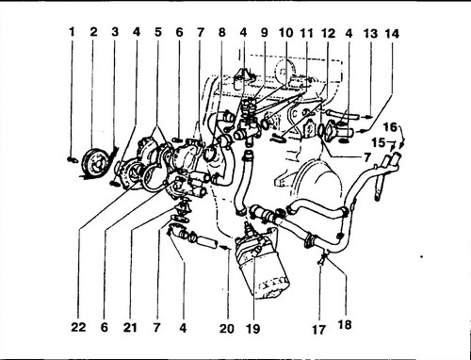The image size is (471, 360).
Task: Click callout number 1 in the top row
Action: [x=73, y=32]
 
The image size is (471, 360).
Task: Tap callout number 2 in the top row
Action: [x=93, y=32]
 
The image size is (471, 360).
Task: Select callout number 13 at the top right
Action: [x=370, y=34]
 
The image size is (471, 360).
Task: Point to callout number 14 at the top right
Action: [x=392, y=34]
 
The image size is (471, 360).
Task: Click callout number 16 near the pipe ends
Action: [x=390, y=127]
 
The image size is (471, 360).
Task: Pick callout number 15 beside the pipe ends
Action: [x=379, y=142]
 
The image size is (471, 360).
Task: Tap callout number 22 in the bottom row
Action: [x=78, y=327]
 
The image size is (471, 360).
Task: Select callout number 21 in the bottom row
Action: [x=130, y=328]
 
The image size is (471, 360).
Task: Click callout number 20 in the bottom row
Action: [x=227, y=329]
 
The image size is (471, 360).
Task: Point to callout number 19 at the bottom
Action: [x=253, y=329]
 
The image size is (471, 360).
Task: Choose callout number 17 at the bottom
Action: [x=319, y=330]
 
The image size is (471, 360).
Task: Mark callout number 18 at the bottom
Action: [x=345, y=324]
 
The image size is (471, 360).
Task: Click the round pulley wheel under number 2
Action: [x=95, y=163]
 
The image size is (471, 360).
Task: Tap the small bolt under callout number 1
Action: [x=73, y=160]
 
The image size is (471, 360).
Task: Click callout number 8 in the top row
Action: [x=222, y=32]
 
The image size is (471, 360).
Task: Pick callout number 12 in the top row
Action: [x=328, y=33]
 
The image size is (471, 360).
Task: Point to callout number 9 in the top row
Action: [x=265, y=32]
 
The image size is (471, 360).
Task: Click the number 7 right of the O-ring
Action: [x=366, y=157]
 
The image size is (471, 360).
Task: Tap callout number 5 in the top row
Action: [x=158, y=32]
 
